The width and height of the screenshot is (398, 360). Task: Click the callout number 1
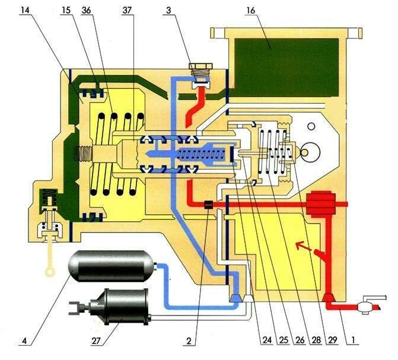pyautogui.click(x=355, y=342)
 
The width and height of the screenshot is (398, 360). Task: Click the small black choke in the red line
pyautogui.click(x=208, y=205)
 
